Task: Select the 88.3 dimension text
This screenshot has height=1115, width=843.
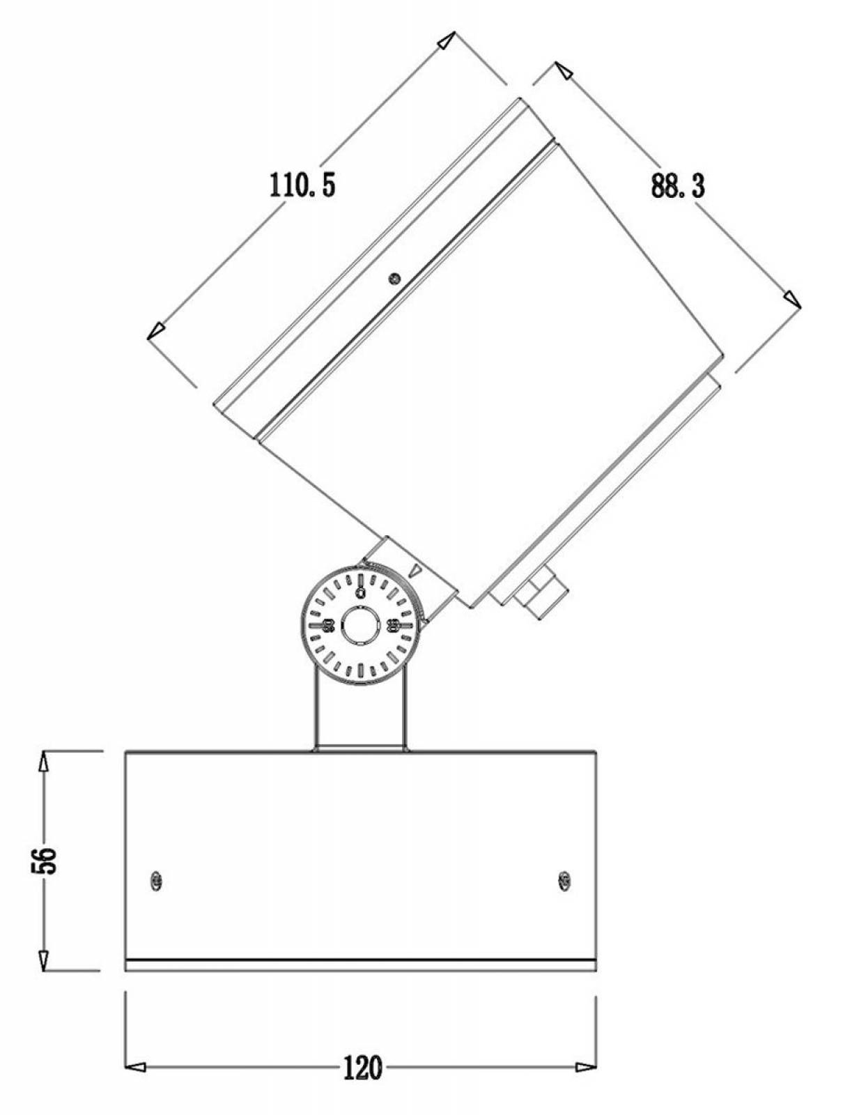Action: coord(678,185)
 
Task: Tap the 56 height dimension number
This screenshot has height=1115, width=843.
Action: coord(49,861)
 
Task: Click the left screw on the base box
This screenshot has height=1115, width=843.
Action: coord(157,881)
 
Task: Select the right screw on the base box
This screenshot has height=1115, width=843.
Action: coord(564,881)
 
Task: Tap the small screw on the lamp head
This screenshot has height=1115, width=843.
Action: coord(394,278)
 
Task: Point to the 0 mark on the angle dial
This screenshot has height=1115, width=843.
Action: coord(360,592)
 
